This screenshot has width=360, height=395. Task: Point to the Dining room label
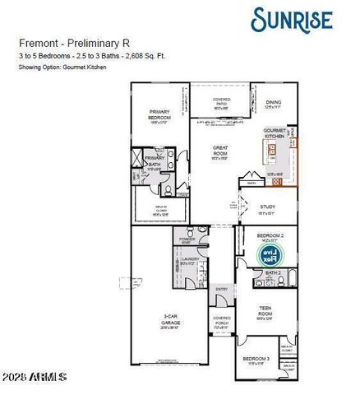pos(273,103)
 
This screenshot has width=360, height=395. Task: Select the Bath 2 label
pos(273,273)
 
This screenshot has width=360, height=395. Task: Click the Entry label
pos(221,289)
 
